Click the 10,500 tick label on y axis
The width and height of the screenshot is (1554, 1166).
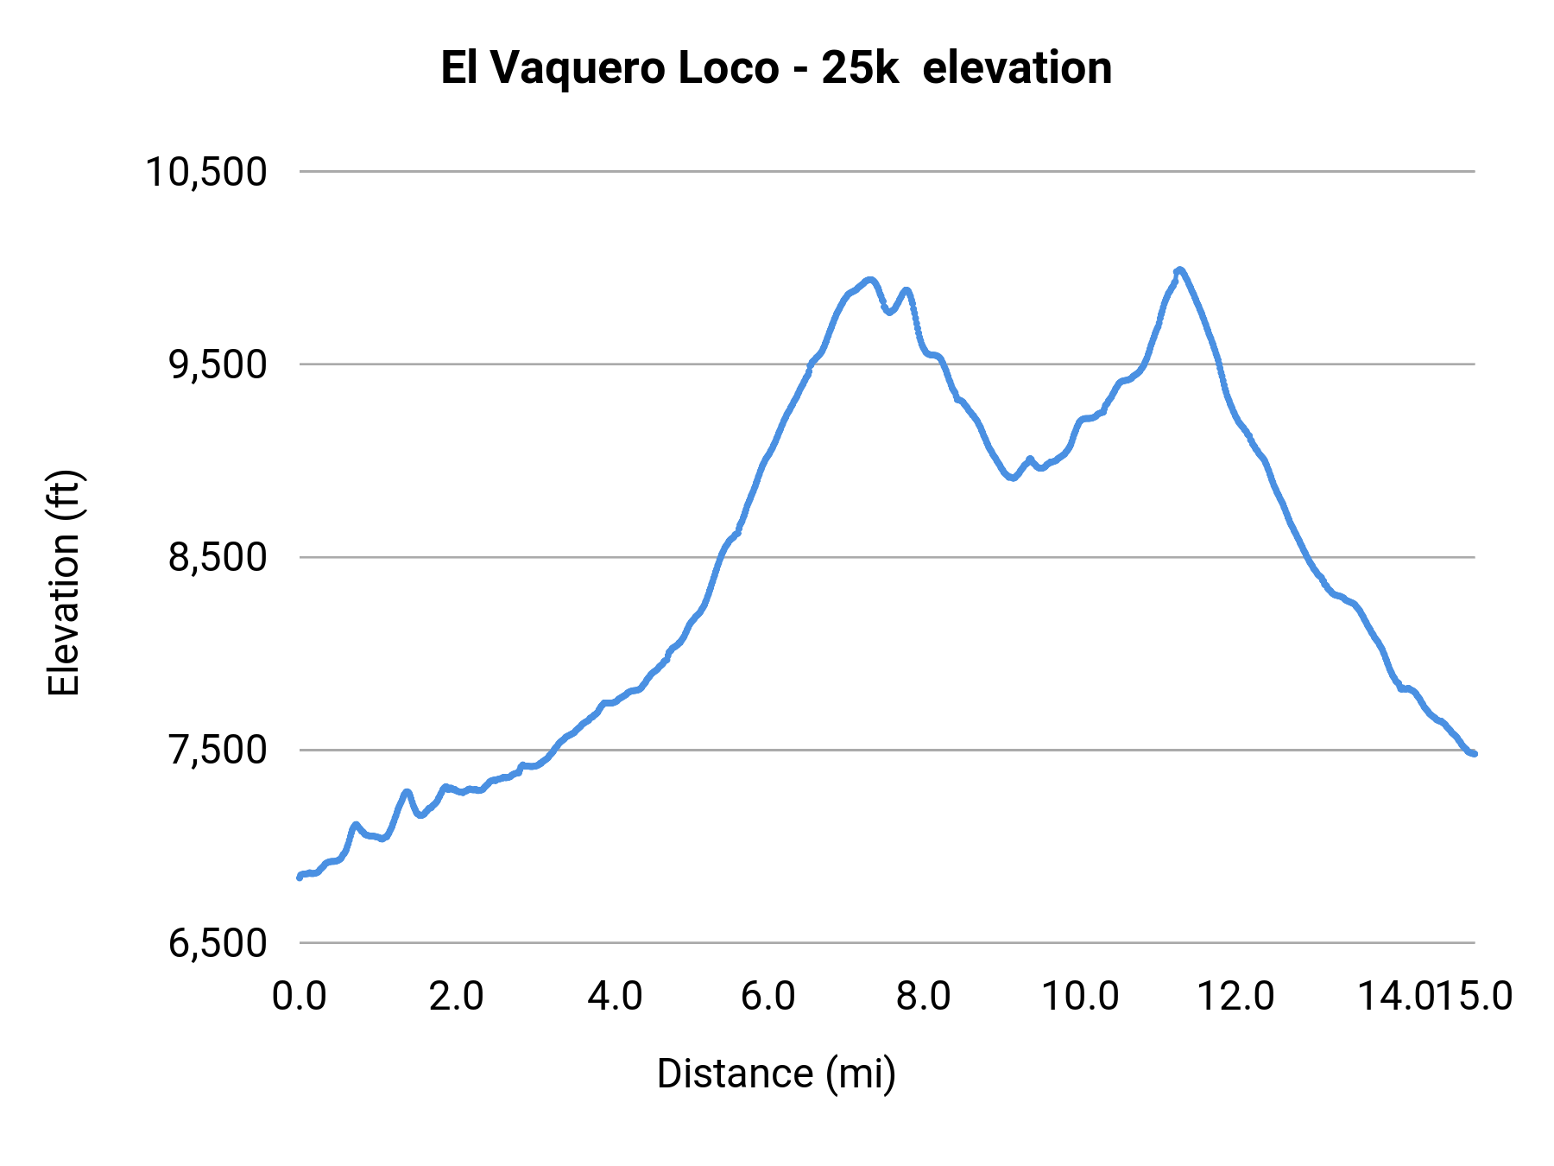tap(205, 172)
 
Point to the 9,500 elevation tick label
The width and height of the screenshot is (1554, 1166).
tap(217, 364)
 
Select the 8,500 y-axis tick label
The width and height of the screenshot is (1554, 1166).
tap(217, 557)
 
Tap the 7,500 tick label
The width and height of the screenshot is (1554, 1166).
tap(217, 750)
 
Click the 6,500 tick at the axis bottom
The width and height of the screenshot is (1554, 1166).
tap(217, 943)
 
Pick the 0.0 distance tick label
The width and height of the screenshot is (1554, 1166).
tap(299, 997)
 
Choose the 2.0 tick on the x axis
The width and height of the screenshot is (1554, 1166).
tap(456, 997)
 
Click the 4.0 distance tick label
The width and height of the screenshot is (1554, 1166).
tap(614, 997)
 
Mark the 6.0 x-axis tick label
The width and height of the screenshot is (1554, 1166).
tap(768, 997)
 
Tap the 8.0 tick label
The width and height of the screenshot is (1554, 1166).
tap(923, 997)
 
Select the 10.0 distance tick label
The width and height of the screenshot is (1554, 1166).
tap(1080, 997)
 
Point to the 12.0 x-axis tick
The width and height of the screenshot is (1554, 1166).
tap(1235, 997)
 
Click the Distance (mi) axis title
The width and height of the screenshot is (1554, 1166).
tap(776, 1074)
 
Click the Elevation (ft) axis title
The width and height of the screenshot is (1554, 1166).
tap(64, 583)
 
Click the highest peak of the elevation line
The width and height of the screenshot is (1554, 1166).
tap(1179, 270)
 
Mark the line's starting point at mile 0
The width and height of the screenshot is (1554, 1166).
tap(300, 877)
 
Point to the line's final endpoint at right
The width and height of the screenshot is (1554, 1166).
tap(1475, 754)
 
